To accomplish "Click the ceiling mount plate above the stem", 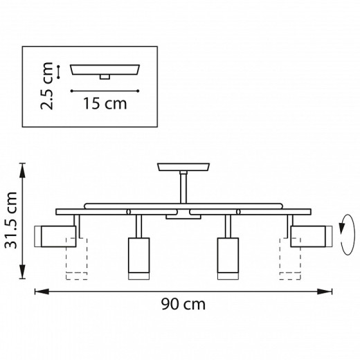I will pyautogui.click(x=184, y=168).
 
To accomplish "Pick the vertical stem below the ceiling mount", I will pyautogui.click(x=183, y=188).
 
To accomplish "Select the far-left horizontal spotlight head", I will pyautogui.click(x=56, y=236).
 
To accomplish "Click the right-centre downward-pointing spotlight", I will pyautogui.click(x=226, y=257).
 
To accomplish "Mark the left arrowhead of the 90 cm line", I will pyautogui.click(x=38, y=291).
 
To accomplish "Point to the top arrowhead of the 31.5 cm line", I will pyautogui.click(x=24, y=167).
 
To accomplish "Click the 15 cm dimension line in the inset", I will pyautogui.click(x=105, y=91).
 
